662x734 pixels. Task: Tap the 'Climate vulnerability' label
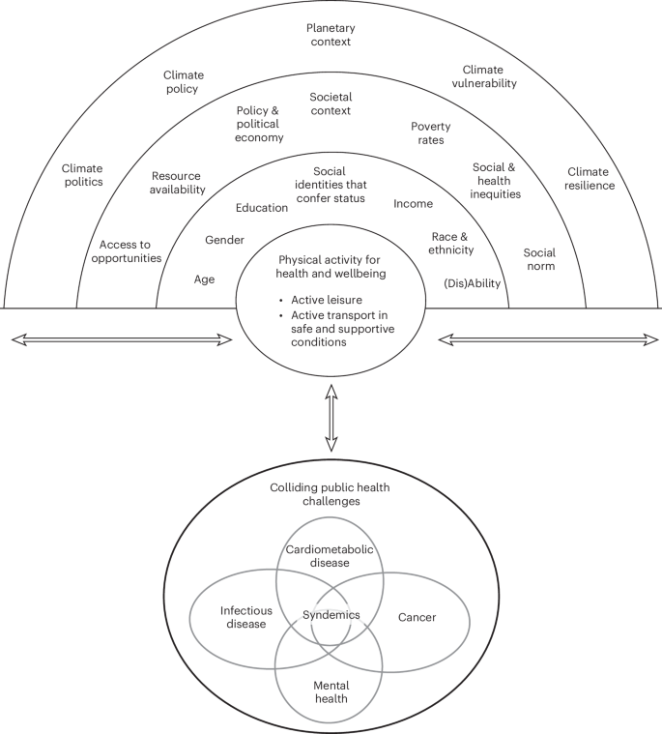pos(490,76)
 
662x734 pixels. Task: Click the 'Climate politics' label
pos(81,176)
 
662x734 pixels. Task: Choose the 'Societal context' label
pos(331,103)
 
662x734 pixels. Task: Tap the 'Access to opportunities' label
pos(130,251)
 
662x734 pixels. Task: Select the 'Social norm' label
pos(539,258)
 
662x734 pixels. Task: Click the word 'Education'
pos(262,207)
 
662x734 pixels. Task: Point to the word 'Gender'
pos(224,240)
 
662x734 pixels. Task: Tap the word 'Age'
pos(204,279)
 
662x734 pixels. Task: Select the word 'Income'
pos(413,204)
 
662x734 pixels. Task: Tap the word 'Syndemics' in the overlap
pos(331,614)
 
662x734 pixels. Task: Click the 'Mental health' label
pos(331,691)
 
